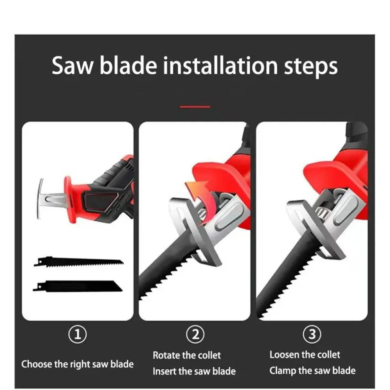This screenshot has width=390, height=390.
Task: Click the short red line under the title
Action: click(195, 107)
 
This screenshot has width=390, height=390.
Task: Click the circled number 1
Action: click(78, 335)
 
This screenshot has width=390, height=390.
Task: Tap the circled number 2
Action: click(195, 335)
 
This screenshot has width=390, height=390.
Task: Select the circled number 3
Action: click(312, 334)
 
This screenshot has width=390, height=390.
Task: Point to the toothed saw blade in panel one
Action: click(79, 262)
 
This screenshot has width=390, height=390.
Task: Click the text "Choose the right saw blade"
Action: click(77, 364)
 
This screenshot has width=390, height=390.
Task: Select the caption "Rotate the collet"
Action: click(186, 355)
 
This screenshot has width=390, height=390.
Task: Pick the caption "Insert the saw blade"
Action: click(194, 371)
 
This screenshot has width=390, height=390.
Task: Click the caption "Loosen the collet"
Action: click(305, 355)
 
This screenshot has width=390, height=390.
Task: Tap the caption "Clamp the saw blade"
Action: click(312, 370)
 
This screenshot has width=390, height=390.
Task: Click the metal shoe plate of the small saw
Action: click(40, 199)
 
